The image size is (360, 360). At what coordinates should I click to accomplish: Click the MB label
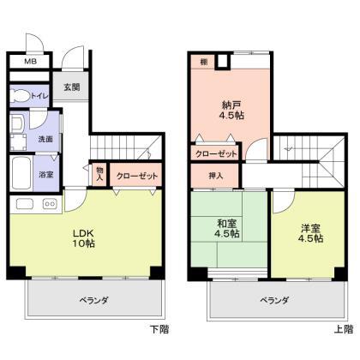point(31,61)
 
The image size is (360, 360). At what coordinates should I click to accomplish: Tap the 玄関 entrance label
point(71,87)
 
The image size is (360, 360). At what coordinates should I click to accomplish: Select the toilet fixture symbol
point(20,95)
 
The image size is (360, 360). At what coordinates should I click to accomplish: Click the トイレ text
point(39,96)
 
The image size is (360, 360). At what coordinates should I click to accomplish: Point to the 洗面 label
point(45,139)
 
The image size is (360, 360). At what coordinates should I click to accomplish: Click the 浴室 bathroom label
point(46,174)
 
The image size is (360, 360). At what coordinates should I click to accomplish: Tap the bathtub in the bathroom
point(21,174)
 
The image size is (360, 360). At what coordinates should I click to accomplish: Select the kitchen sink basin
point(25,204)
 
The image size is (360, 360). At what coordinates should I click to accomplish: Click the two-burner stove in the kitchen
point(50,204)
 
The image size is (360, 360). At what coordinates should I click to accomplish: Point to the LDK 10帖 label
point(83,238)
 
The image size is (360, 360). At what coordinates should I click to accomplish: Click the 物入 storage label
point(99,174)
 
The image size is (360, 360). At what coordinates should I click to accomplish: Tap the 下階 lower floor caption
point(159,329)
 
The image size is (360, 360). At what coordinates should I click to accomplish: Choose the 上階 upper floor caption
point(344,329)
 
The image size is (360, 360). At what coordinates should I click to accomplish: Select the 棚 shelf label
point(203,62)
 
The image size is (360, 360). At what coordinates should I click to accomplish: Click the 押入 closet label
point(216,176)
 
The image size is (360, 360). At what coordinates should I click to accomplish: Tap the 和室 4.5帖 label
point(227,229)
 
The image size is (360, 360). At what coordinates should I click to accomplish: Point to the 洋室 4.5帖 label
point(311,233)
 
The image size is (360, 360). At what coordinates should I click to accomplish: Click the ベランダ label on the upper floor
point(274,300)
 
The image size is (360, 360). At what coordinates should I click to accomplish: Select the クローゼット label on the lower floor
point(137,176)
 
